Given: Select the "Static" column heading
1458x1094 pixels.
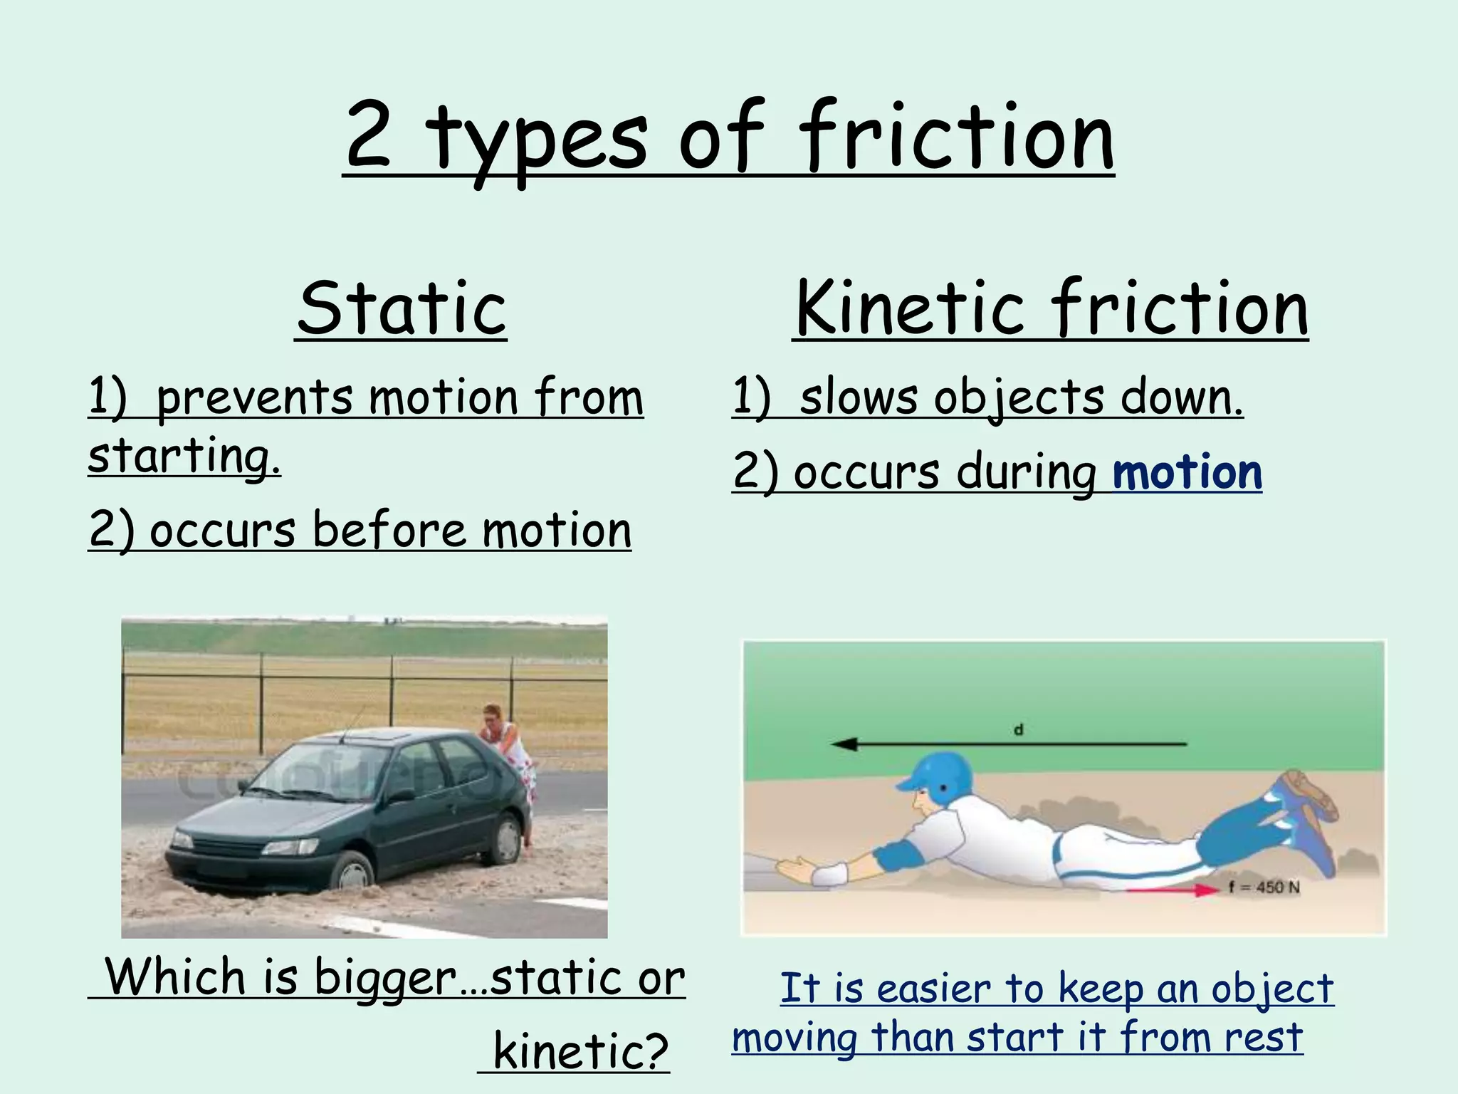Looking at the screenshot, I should [402, 308].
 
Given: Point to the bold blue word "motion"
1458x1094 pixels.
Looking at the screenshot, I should [1187, 472].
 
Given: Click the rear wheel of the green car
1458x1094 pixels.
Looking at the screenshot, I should [506, 839].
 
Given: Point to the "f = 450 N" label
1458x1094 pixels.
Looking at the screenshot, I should [1264, 887].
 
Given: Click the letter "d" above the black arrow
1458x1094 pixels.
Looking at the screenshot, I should [1019, 730].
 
